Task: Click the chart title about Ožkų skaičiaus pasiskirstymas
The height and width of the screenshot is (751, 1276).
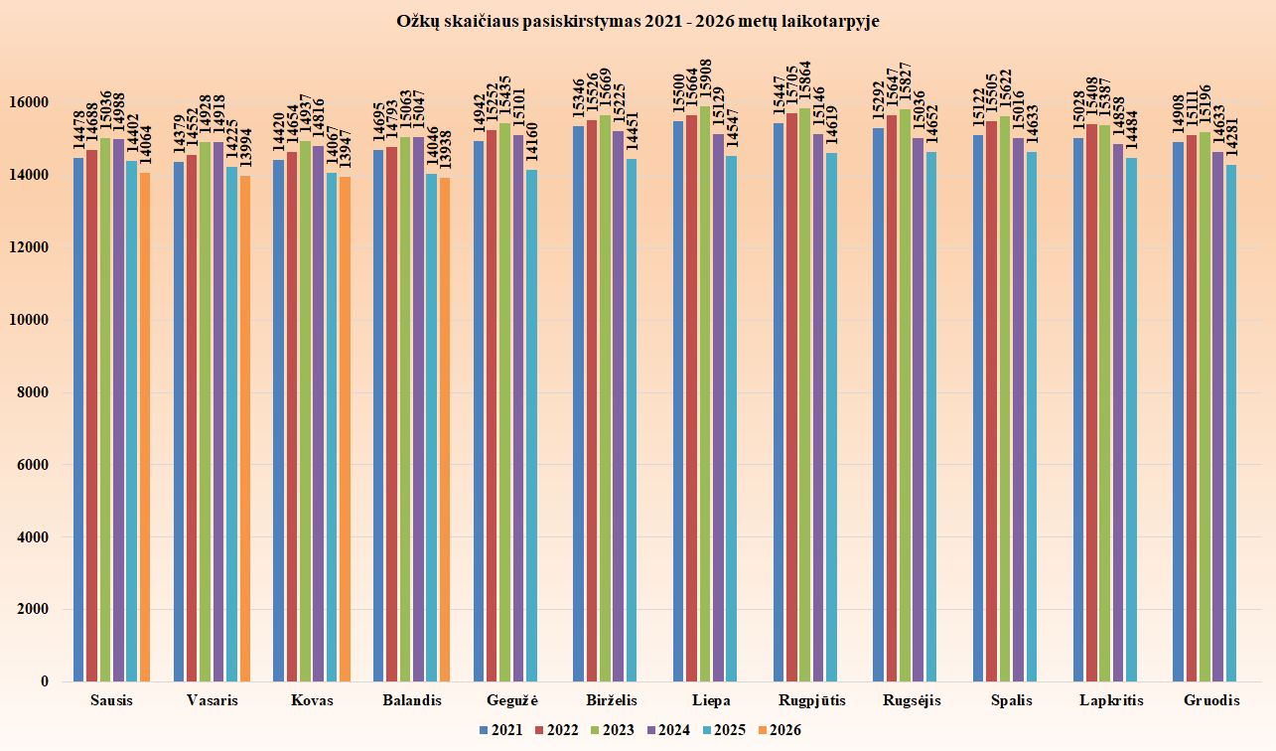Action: click(638, 22)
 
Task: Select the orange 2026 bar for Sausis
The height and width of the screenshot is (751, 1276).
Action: click(145, 427)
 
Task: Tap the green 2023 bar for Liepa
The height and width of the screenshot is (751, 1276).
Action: click(705, 393)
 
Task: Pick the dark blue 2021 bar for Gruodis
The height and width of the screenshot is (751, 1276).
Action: click(1178, 411)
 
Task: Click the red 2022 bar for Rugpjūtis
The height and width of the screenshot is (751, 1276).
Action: click(791, 397)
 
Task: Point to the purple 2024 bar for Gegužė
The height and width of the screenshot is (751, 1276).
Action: click(517, 408)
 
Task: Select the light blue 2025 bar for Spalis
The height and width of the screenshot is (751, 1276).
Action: click(1032, 416)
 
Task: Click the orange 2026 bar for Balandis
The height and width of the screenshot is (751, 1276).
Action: click(445, 429)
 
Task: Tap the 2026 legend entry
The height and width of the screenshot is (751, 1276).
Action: click(780, 730)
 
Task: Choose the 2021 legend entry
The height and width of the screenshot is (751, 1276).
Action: click(500, 730)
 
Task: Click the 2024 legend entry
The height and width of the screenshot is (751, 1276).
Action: click(668, 730)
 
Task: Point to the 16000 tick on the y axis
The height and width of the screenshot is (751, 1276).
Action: click(29, 103)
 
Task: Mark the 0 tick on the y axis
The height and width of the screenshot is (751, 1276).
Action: click(45, 681)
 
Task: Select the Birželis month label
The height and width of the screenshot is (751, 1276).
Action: click(612, 700)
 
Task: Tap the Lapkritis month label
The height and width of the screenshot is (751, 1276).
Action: click(1111, 700)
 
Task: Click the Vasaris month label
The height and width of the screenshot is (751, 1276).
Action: click(212, 700)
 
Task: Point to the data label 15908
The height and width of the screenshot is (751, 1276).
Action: click(705, 81)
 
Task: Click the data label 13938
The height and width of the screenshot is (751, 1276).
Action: click(446, 150)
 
